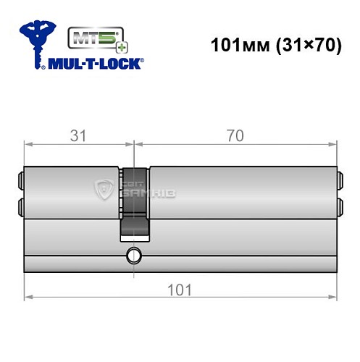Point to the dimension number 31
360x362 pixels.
[x=75, y=133]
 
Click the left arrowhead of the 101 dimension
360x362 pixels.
[x=28, y=297]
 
